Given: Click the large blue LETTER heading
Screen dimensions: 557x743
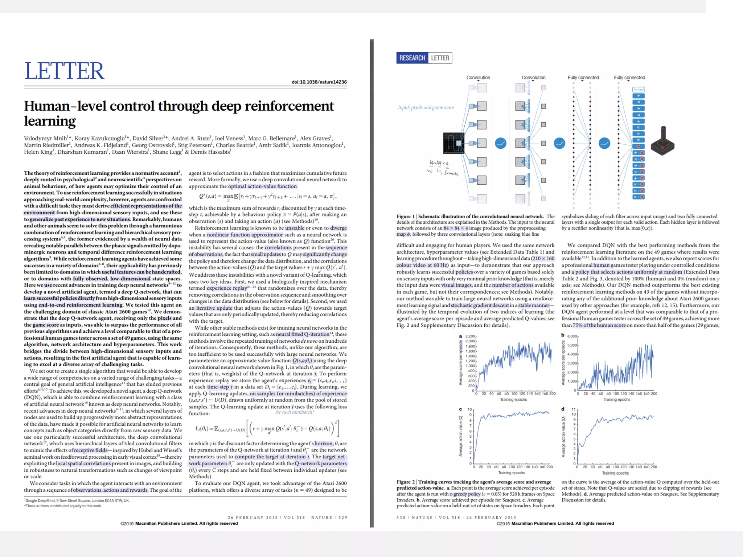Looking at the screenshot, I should point(64,71).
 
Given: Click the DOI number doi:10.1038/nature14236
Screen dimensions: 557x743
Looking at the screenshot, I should point(319,82).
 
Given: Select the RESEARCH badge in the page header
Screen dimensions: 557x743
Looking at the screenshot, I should point(412,58).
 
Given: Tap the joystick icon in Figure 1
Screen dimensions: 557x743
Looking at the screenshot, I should point(662,141).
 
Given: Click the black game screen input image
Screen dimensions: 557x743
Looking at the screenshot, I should point(453,143).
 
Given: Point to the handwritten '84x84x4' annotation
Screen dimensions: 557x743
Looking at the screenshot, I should point(439,163).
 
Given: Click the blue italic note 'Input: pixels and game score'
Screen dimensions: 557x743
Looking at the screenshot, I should point(426,107).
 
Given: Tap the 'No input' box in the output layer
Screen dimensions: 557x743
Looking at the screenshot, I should point(639,90).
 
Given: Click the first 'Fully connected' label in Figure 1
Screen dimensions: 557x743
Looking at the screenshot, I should point(583,78).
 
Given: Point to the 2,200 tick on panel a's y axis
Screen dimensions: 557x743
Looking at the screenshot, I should point(470,336).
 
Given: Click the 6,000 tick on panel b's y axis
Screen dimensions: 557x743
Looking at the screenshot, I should point(572,336).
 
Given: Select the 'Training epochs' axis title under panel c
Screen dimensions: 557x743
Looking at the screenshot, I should point(511,473).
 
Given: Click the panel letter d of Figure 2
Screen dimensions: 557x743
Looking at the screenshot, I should point(563,409).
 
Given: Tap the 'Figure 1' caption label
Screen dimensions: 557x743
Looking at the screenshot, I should point(405,216).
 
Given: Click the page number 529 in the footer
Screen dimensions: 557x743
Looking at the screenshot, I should point(342,517).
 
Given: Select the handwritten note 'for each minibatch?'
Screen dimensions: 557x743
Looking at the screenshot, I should point(294,412).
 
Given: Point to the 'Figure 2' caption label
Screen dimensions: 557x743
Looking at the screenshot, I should point(405,482).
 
